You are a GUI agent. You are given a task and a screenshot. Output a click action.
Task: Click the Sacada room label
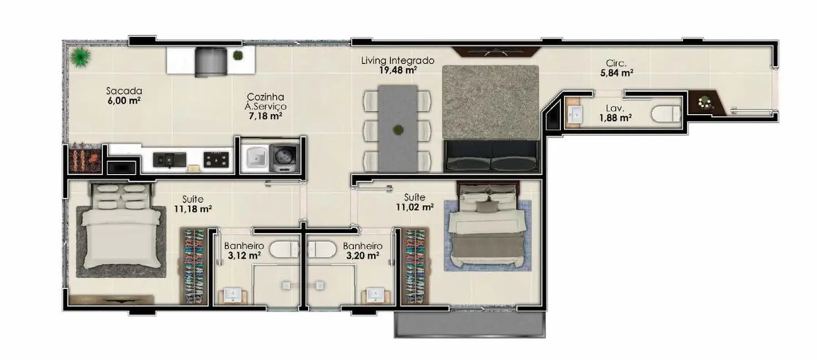click(x=124, y=91)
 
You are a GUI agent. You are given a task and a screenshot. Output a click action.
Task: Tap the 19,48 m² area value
click(x=397, y=70)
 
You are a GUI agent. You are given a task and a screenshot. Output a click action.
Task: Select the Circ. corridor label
click(x=616, y=63)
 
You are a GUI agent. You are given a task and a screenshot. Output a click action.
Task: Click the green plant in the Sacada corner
click(x=81, y=56)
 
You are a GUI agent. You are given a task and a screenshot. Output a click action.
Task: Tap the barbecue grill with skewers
click(x=85, y=158)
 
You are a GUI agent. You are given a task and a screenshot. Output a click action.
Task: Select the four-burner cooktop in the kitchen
click(x=216, y=160)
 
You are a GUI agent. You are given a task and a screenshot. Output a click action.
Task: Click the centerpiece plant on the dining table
click(x=397, y=131)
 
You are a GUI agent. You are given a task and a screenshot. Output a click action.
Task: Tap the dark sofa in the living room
click(x=492, y=156)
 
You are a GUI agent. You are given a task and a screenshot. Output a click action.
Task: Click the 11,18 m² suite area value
click(x=193, y=209)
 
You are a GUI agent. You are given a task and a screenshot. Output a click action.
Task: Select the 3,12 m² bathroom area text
click(x=243, y=255)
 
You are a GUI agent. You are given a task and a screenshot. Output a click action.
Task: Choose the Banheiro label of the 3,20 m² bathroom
click(x=362, y=246)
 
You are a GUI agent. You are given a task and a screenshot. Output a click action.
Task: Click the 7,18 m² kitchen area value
click(x=266, y=116)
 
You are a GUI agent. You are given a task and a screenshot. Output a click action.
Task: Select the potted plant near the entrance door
click(x=704, y=102)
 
